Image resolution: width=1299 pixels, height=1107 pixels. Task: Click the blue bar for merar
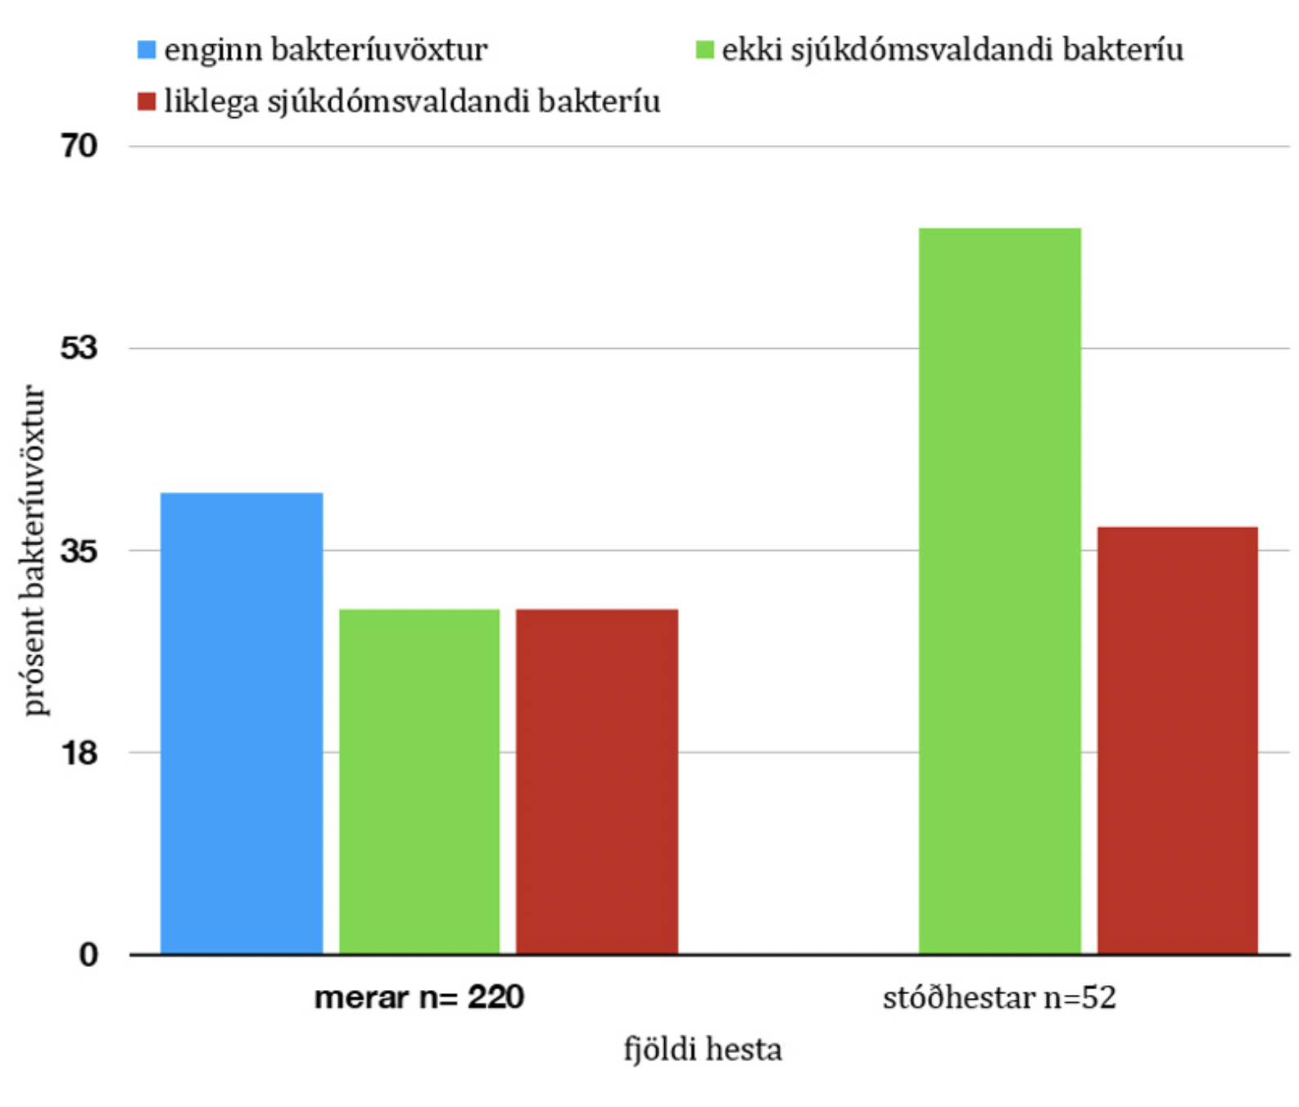pyautogui.click(x=242, y=723)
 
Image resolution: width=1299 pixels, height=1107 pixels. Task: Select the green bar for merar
pyautogui.click(x=419, y=781)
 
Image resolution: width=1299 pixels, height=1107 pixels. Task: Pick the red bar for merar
pyautogui.click(x=597, y=781)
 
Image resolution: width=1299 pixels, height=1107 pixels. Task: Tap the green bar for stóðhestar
pyautogui.click(x=999, y=590)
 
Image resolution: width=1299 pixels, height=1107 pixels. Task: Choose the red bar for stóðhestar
pyautogui.click(x=1177, y=740)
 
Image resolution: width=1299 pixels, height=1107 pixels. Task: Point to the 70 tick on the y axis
pyautogui.click(x=79, y=146)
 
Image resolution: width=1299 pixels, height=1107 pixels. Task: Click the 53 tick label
pyautogui.click(x=79, y=348)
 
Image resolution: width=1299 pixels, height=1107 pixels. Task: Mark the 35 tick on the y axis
pyautogui.click(x=79, y=550)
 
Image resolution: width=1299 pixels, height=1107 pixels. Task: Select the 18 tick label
pyautogui.click(x=79, y=752)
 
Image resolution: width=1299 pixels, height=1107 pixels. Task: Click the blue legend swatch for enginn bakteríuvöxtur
pyautogui.click(x=147, y=50)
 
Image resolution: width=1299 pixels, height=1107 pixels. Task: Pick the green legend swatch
pyautogui.click(x=704, y=50)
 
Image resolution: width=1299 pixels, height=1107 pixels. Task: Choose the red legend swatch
pyautogui.click(x=147, y=102)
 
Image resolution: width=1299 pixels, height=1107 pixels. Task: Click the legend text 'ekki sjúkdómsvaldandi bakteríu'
pyautogui.click(x=953, y=50)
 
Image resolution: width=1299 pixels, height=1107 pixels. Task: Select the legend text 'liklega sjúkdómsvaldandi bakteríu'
pyautogui.click(x=412, y=102)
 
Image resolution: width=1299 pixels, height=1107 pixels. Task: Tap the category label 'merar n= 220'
pyautogui.click(x=419, y=997)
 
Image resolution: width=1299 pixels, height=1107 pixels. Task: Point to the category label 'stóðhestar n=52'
pyautogui.click(x=999, y=997)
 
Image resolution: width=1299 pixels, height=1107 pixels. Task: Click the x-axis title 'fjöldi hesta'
pyautogui.click(x=703, y=1049)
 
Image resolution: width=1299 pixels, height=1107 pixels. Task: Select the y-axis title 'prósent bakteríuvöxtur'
pyautogui.click(x=34, y=550)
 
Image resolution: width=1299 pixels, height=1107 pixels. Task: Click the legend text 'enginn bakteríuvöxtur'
pyautogui.click(x=326, y=50)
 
